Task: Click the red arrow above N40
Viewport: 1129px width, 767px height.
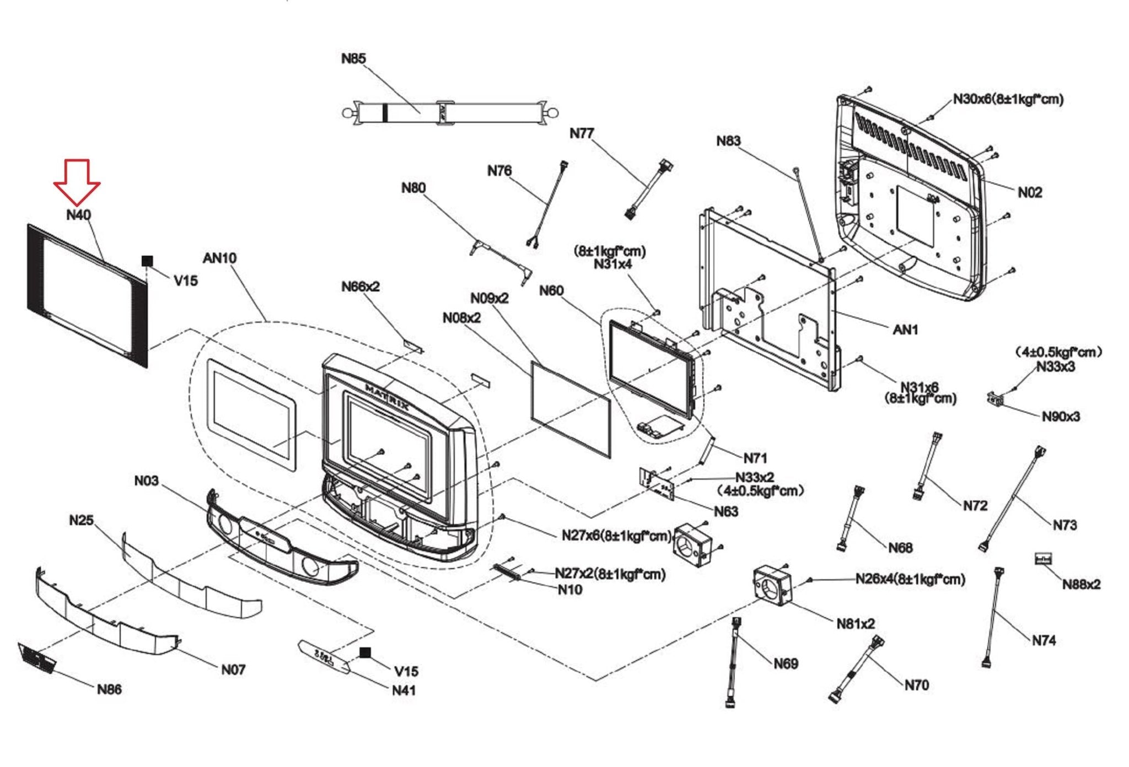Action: [x=77, y=182]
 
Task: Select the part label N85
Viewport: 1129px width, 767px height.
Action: [x=353, y=58]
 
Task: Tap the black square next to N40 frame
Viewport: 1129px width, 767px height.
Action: [x=147, y=261]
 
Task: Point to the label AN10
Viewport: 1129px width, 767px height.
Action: [x=219, y=258]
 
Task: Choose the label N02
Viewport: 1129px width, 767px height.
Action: [x=1029, y=192]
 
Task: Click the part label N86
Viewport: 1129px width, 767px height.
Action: [x=109, y=689]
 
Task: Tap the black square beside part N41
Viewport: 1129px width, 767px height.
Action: [x=365, y=653]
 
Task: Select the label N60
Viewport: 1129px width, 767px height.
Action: [x=551, y=290]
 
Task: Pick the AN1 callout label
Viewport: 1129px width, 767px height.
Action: [x=905, y=330]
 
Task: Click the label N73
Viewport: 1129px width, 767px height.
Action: [x=1064, y=525]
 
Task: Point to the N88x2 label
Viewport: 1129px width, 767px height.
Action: [x=1081, y=585]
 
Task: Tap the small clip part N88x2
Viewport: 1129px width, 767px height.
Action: [x=1043, y=559]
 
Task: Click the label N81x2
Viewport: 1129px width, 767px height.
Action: [x=855, y=624]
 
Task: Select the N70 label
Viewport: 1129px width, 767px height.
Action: [x=916, y=685]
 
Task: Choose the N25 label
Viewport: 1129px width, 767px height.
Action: [x=81, y=520]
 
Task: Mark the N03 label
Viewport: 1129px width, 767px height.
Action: [x=146, y=481]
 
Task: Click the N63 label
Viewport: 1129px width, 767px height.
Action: [x=725, y=512]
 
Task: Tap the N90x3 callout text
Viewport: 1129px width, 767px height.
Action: [x=1060, y=417]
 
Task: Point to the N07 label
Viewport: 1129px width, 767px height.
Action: [x=233, y=669]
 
